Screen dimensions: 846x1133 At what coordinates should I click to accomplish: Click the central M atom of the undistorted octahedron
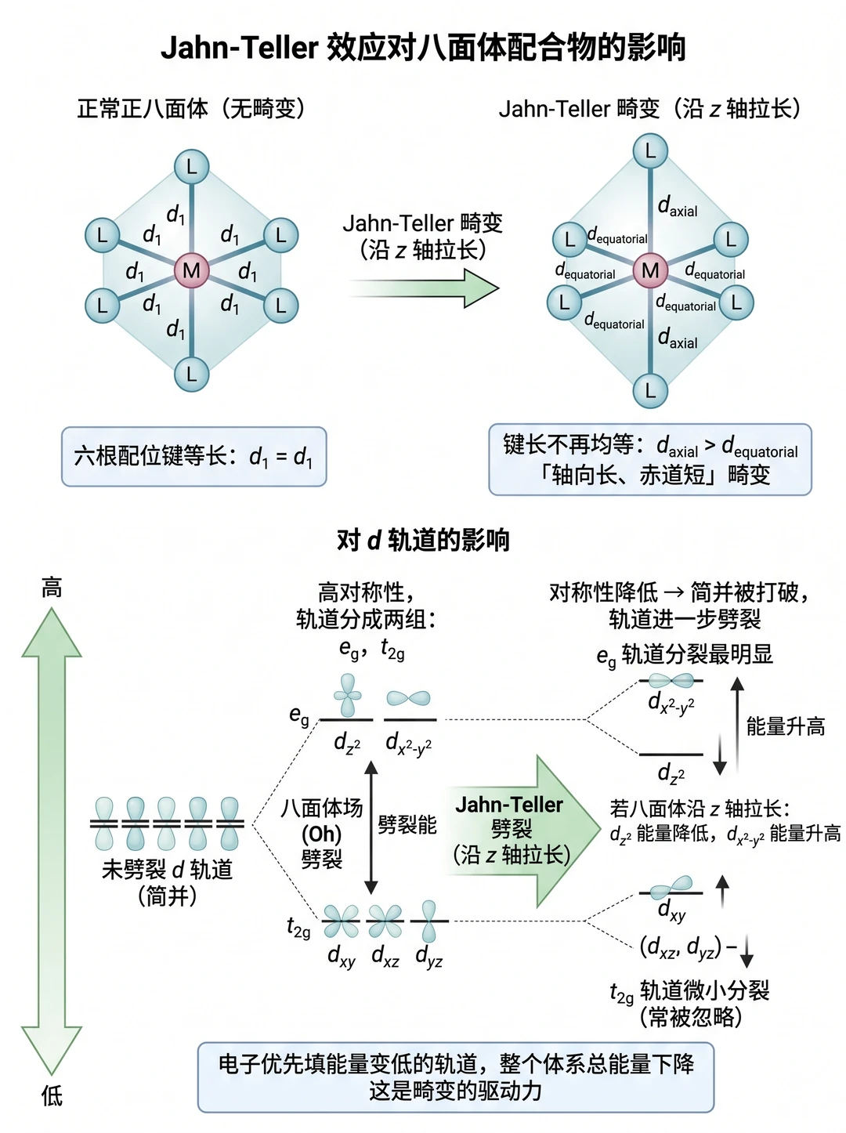pos(191,270)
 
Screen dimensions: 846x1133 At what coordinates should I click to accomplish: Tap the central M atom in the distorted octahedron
pos(650,270)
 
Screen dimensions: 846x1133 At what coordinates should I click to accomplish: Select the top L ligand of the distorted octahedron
pos(650,151)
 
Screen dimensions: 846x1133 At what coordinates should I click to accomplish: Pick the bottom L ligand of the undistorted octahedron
pos(191,375)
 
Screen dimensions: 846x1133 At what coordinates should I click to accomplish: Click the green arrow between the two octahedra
pos(424,288)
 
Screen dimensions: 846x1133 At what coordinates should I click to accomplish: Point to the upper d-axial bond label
pos(678,207)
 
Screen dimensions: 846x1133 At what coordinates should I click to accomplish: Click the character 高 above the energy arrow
pos(52,588)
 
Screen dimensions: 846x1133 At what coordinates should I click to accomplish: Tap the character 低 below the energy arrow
pos(52,1096)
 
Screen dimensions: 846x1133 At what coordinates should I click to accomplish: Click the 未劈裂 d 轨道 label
pos(167,870)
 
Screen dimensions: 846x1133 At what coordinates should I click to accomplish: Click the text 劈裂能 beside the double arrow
pos(407,824)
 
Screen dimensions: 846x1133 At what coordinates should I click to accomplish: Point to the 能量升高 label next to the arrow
pos(786,726)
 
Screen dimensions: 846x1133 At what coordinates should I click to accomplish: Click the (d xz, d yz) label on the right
pos(680,947)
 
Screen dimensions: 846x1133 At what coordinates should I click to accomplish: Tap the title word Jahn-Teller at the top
pos(240,48)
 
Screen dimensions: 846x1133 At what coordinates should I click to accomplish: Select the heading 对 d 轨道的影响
pos(423,540)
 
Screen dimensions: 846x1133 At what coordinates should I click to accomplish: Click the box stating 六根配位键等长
pos(194,456)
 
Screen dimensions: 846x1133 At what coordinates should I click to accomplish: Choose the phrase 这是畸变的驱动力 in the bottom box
pos(455,1091)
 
